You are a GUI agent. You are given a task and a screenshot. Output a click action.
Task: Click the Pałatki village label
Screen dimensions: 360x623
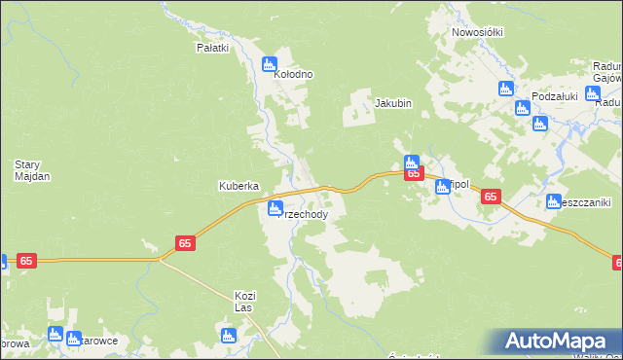click(212, 48)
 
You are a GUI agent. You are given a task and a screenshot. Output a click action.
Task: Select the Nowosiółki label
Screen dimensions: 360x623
click(477, 32)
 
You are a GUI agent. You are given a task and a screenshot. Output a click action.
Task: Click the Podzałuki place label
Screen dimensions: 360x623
click(555, 96)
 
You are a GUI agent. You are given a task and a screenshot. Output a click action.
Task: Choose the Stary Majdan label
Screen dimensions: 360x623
click(32, 170)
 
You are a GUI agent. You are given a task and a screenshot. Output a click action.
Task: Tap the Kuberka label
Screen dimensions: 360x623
click(237, 185)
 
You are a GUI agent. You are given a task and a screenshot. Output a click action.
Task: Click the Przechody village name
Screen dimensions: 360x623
click(310, 215)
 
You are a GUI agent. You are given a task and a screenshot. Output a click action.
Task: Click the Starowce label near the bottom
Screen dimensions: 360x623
click(98, 342)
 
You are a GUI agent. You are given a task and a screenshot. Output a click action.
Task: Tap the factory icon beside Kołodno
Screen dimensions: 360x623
click(270, 65)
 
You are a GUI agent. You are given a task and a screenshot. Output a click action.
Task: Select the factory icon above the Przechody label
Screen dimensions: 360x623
click(275, 207)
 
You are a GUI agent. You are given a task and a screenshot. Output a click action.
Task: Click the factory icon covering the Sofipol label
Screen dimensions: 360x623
click(443, 186)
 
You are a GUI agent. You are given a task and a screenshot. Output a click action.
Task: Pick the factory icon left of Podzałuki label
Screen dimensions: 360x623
click(506, 89)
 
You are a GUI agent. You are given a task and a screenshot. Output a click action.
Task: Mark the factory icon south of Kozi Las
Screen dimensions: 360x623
click(229, 336)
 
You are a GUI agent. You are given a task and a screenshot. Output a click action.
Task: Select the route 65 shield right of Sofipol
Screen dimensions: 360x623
click(491, 197)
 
